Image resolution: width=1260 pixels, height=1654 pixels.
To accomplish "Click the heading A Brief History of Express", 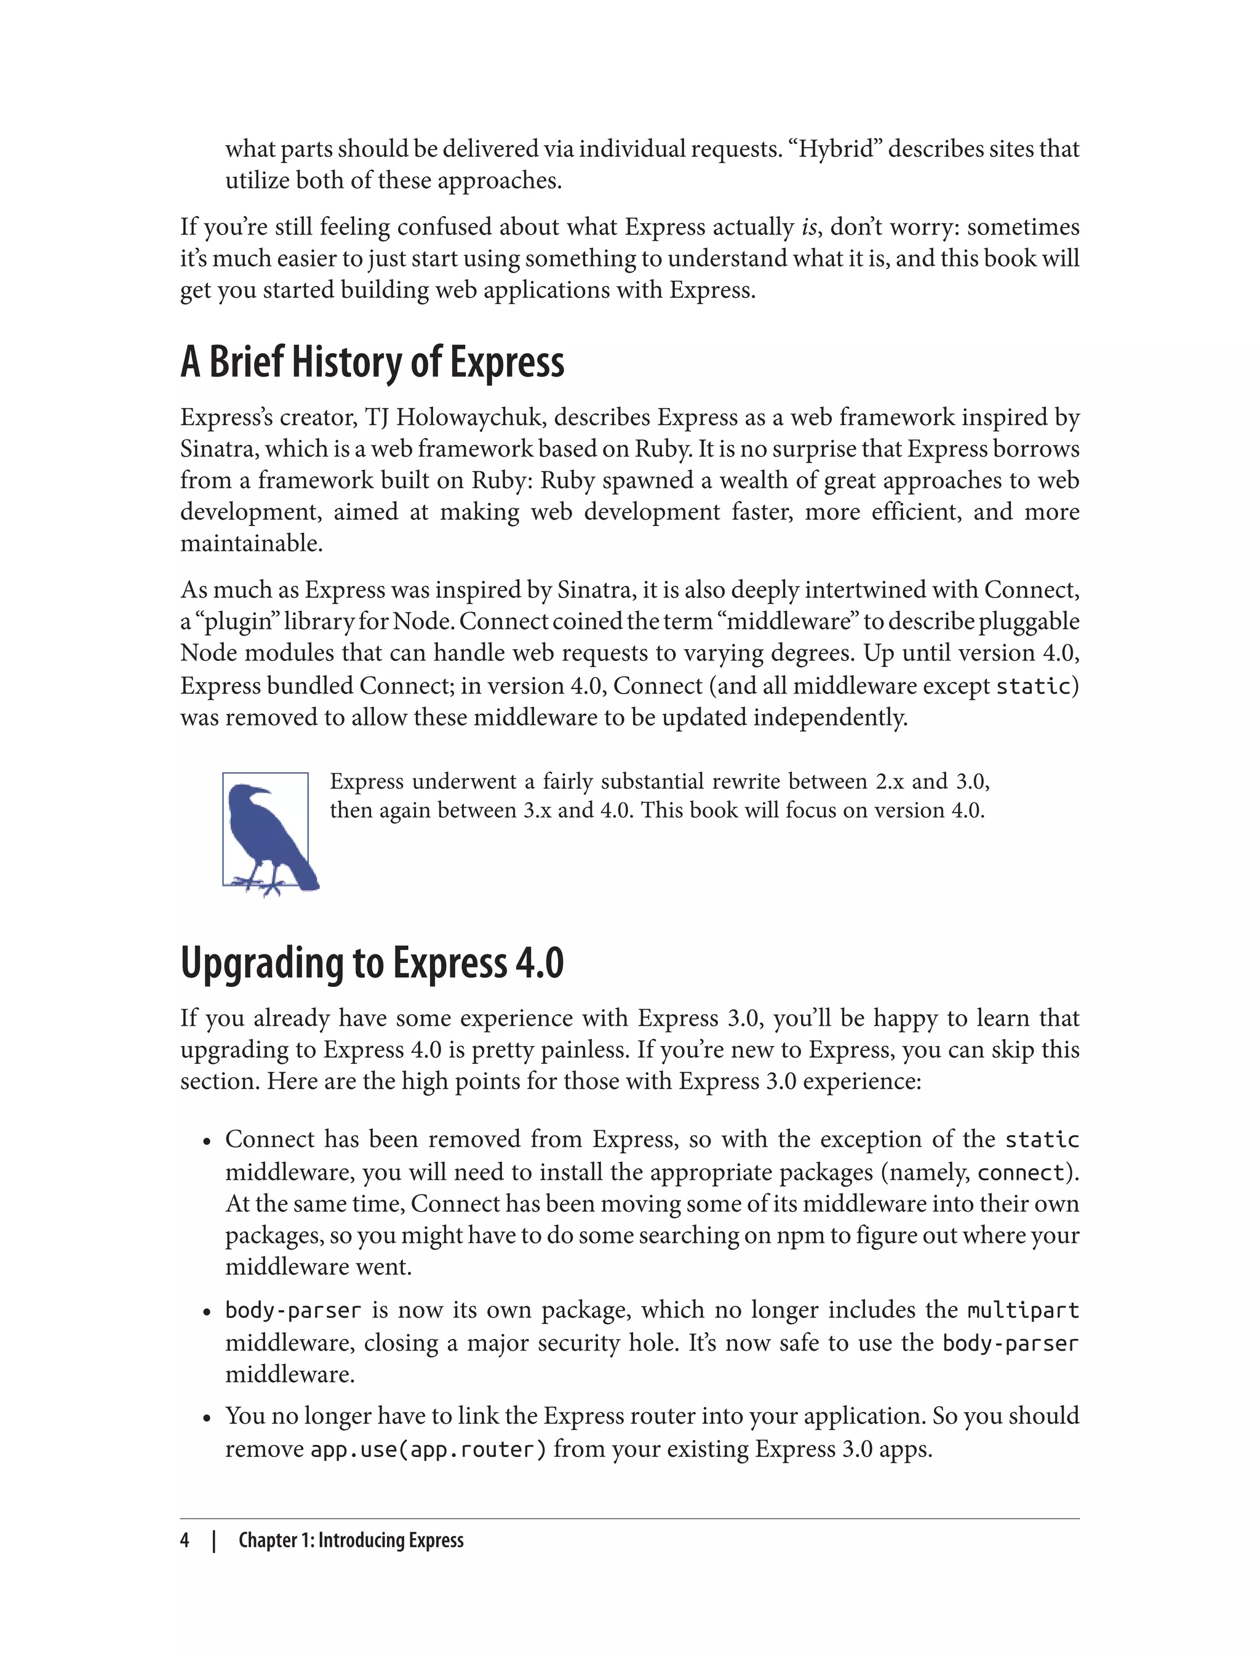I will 372,362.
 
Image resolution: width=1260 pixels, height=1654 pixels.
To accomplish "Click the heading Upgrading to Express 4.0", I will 372,963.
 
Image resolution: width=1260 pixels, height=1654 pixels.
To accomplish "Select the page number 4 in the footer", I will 185,1540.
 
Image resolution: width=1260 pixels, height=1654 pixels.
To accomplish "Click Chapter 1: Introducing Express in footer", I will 351,1540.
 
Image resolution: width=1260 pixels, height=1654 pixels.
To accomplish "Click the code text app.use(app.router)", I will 428,1449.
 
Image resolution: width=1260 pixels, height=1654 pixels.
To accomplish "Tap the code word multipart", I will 1023,1311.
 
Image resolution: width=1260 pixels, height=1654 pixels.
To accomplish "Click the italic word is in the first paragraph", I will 808,227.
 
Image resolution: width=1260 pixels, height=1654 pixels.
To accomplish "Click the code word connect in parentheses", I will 1021,1172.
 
